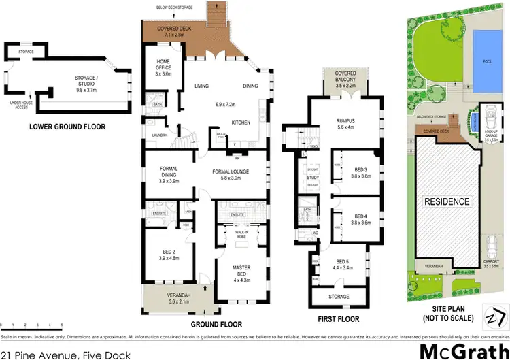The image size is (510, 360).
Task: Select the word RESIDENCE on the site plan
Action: tap(447, 201)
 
